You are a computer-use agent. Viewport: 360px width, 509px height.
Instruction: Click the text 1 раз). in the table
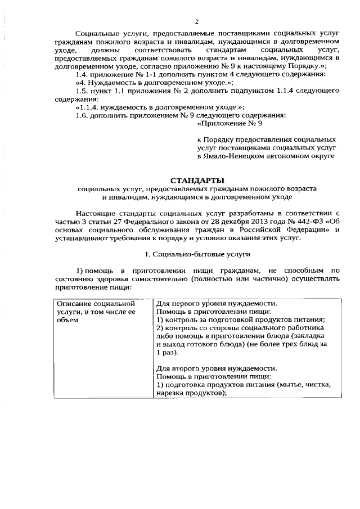click(x=167, y=352)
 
